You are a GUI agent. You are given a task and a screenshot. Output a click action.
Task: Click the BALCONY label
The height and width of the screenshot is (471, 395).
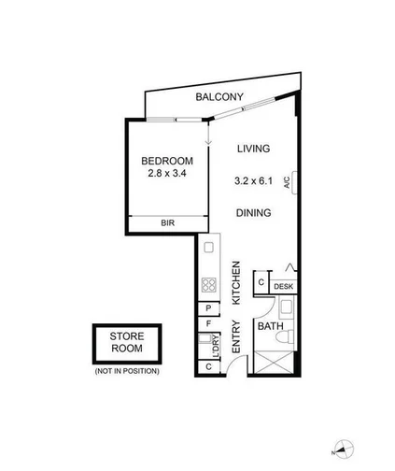coord(219,97)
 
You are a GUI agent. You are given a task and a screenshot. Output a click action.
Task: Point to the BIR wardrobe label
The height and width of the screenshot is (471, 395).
coord(168,223)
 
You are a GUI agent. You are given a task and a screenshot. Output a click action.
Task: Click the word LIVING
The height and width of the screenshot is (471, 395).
coord(253,149)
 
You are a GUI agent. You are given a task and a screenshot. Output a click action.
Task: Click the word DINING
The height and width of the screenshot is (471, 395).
coord(253,213)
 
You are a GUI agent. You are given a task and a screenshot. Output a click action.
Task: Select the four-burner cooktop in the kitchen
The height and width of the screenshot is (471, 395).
coord(210,286)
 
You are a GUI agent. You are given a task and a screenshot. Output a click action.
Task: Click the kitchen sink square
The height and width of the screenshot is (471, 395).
coord(209,248)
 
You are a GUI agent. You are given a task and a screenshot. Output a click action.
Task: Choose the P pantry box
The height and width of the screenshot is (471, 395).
coord(209,309)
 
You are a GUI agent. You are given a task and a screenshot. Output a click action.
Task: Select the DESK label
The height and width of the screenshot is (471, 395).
coord(284,286)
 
